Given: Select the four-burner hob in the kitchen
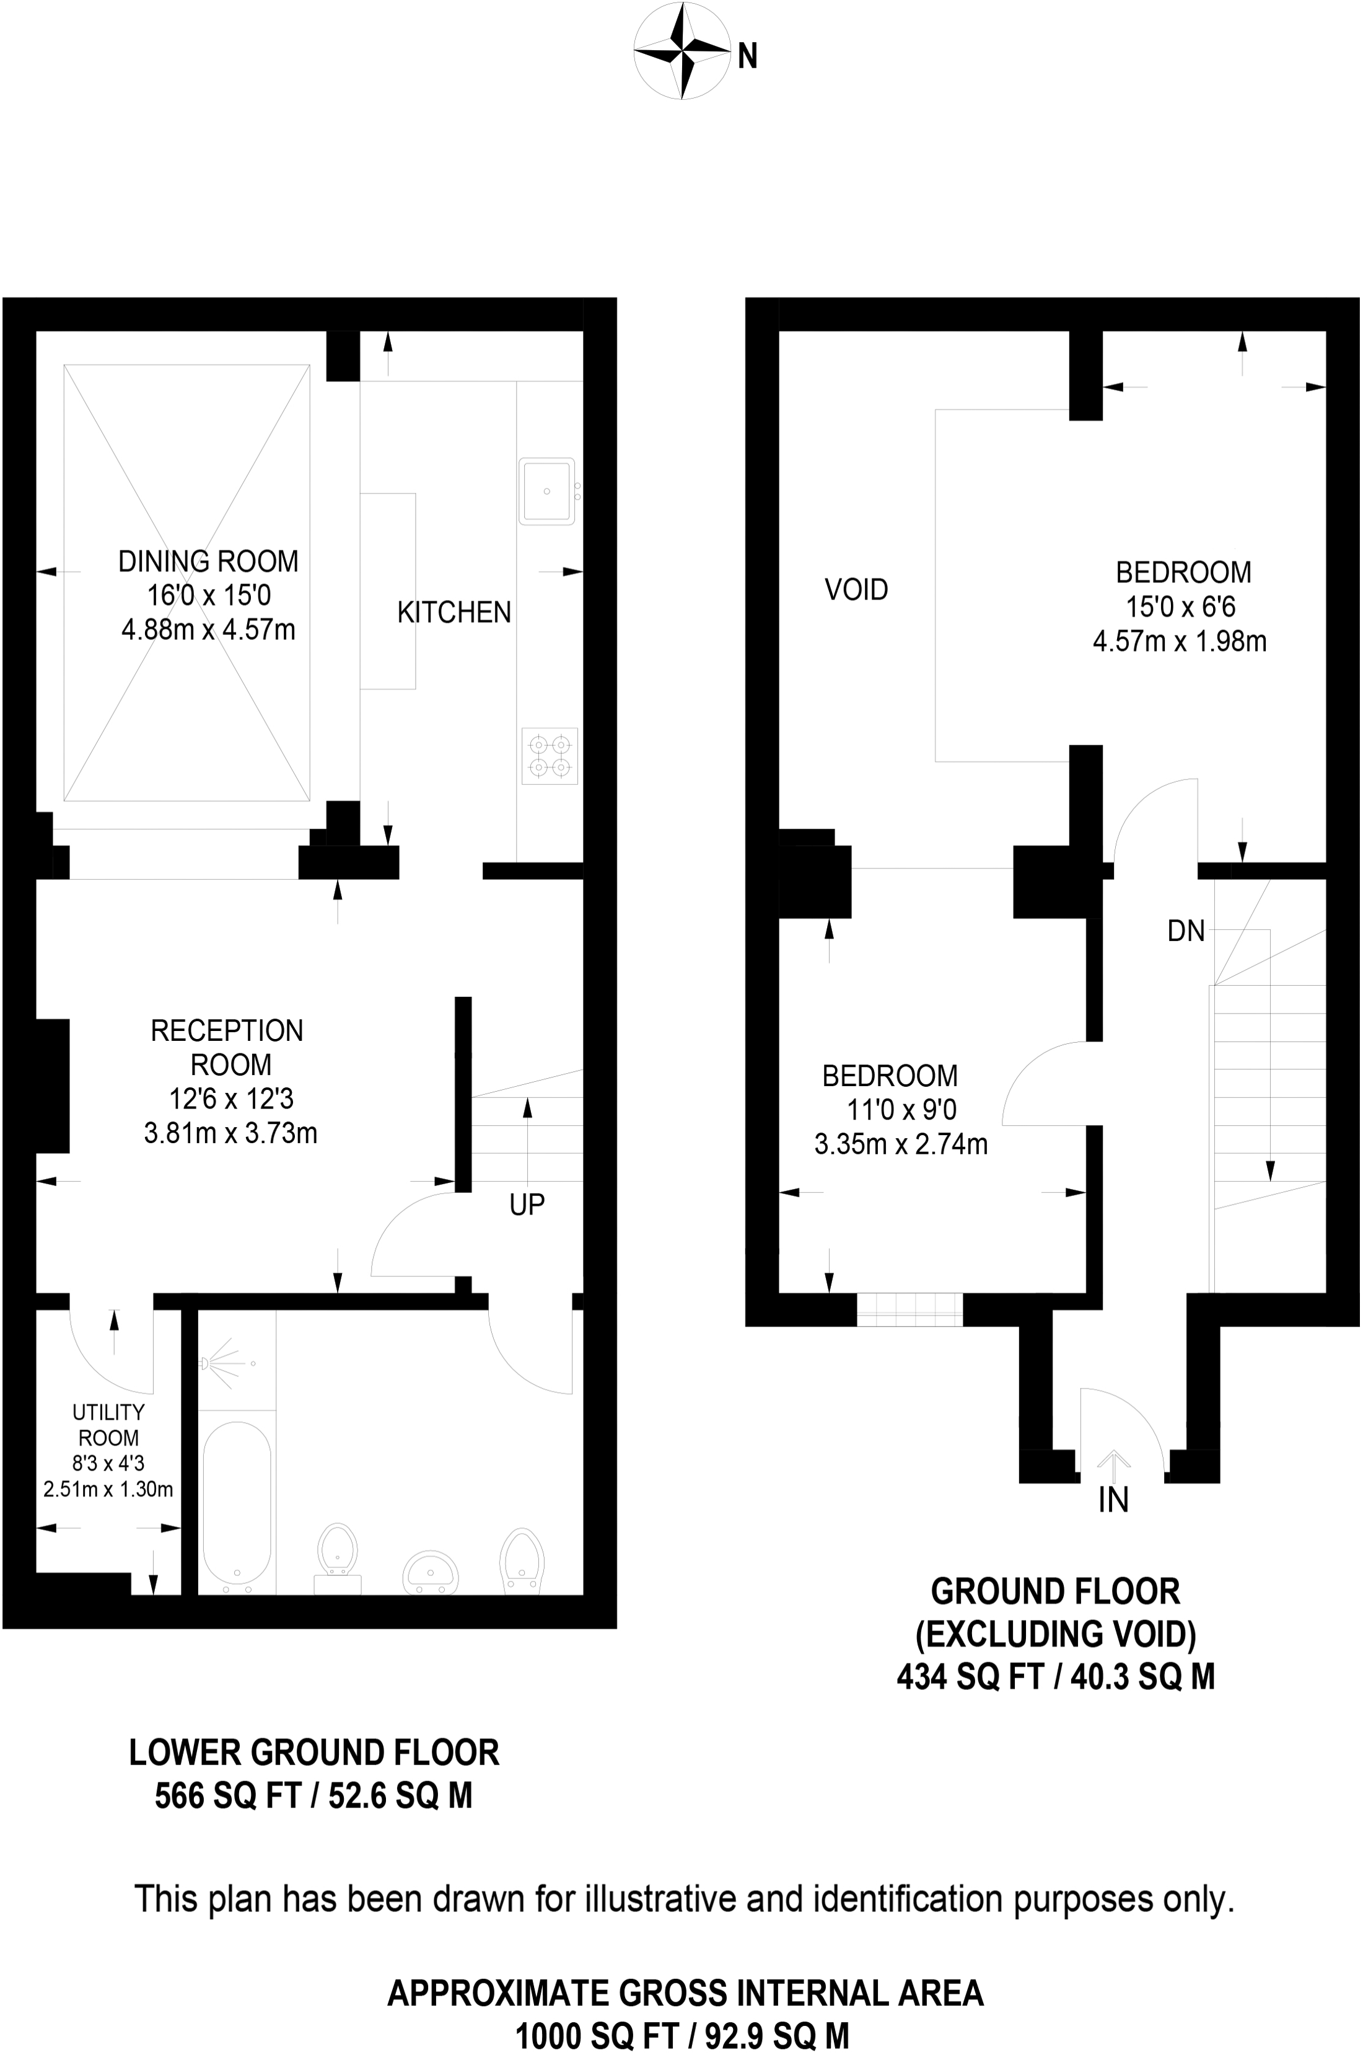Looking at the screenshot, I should click(550, 756).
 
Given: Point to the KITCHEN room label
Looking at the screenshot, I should click(454, 613).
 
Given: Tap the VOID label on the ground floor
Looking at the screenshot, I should click(856, 590).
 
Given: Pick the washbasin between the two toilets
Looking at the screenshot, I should click(431, 1572).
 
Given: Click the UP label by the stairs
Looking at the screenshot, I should click(527, 1205).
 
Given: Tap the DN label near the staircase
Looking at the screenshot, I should click(1186, 932).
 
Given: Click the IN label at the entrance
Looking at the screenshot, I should click(1113, 1500).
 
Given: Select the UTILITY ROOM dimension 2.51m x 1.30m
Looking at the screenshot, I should click(108, 1489).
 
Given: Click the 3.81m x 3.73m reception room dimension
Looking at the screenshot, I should click(230, 1133).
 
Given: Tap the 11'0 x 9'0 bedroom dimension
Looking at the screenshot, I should click(901, 1110).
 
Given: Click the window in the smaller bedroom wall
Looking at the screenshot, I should click(909, 1309).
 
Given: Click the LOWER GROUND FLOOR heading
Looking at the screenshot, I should click(314, 1753).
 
